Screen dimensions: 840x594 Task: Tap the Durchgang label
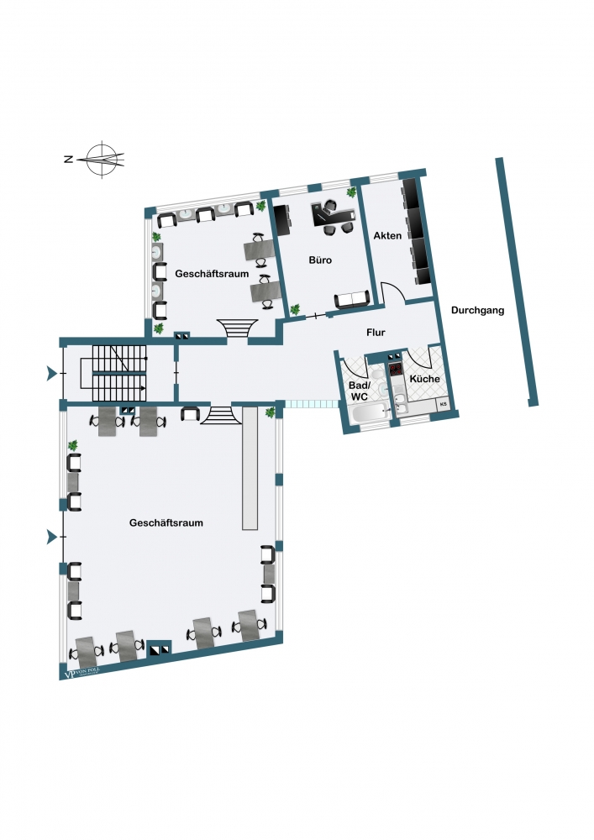[x=477, y=310]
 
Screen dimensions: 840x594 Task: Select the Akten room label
[x=387, y=238]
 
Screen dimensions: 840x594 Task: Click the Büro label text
[x=320, y=260]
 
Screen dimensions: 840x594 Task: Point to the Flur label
[x=376, y=333]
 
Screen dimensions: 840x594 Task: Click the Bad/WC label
[x=359, y=391]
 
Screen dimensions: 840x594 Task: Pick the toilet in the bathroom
[x=381, y=388]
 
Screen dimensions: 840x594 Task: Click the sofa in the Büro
[x=351, y=301]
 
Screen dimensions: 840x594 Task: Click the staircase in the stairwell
[x=118, y=372]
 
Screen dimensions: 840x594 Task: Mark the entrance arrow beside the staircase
[x=53, y=373]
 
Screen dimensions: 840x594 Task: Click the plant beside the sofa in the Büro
[x=295, y=310]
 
